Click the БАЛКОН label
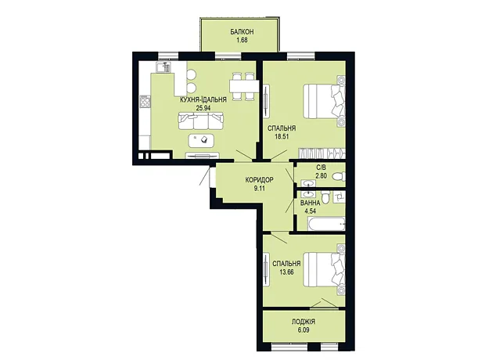click(x=242, y=31)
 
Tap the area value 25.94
click(x=203, y=108)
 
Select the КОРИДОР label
click(x=259, y=179)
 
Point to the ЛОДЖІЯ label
click(x=304, y=322)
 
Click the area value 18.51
click(x=282, y=136)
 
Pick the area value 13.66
click(x=286, y=272)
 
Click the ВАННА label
click(x=311, y=203)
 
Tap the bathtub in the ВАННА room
click(x=326, y=224)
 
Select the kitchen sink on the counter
click(x=163, y=67)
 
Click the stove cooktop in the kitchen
click(x=145, y=102)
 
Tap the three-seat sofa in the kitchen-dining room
click(x=201, y=121)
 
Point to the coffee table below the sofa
click(x=201, y=140)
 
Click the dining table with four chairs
click(x=244, y=86)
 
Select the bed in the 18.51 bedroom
click(x=324, y=101)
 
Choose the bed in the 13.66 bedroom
click(x=324, y=269)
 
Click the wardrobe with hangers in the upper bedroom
click(x=322, y=153)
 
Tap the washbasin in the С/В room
click(x=308, y=183)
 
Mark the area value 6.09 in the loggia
click(x=304, y=330)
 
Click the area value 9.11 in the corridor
click(x=259, y=188)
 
